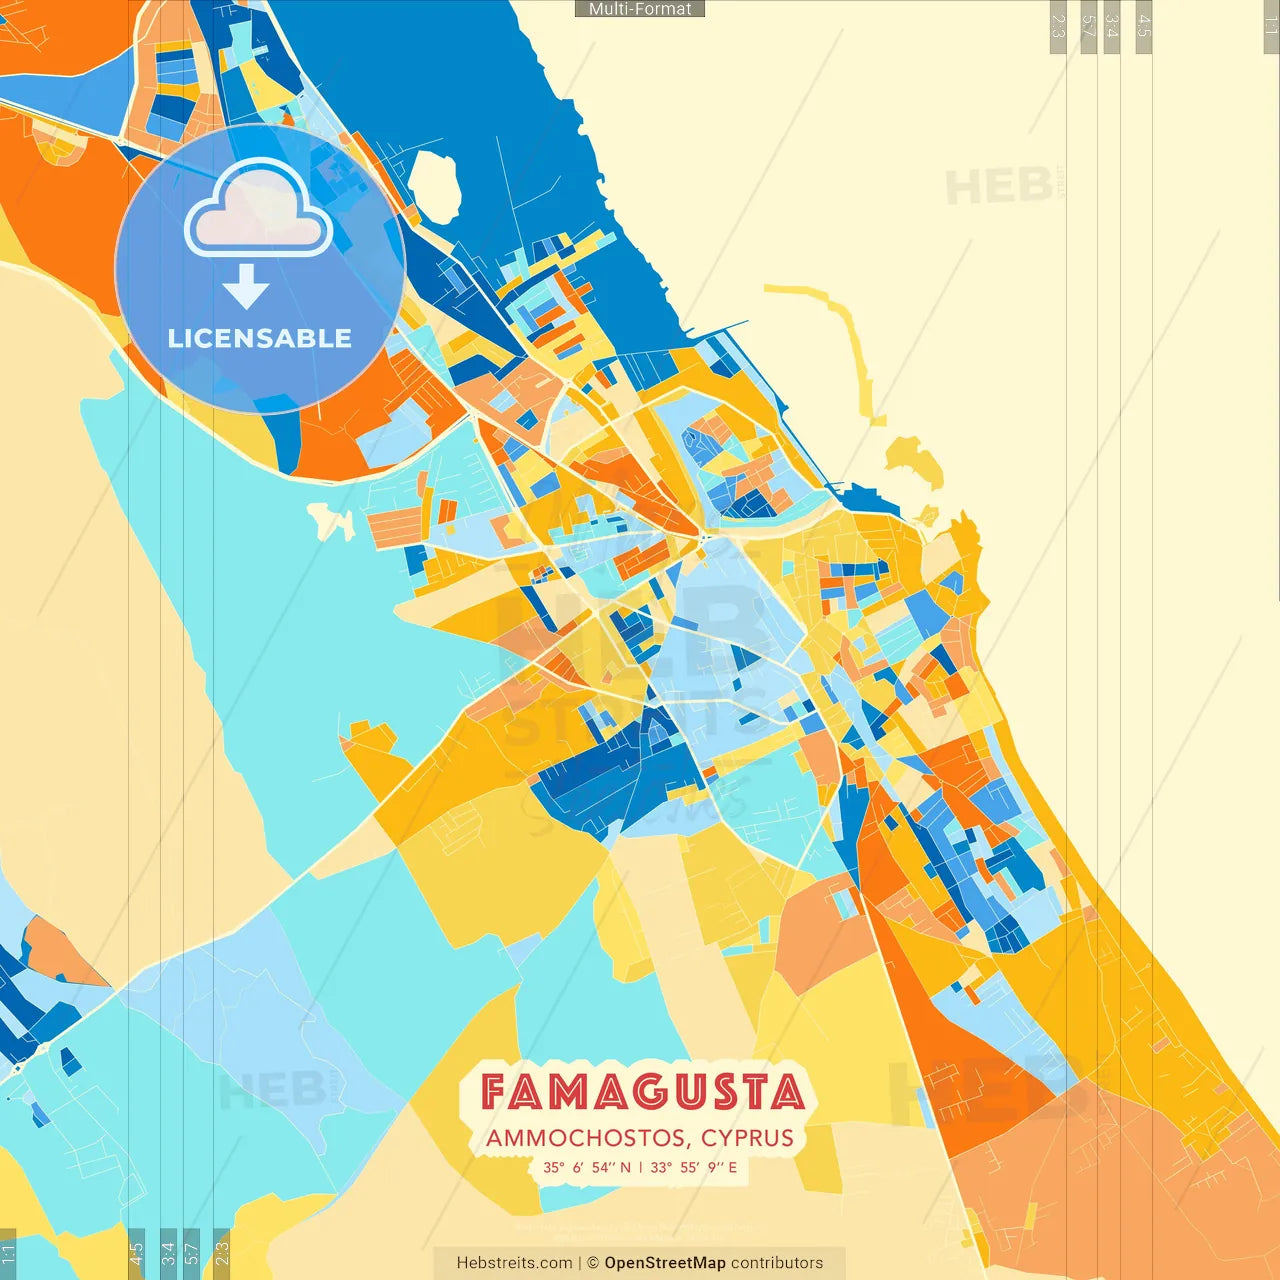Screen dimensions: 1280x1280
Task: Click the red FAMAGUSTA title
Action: point(641,1092)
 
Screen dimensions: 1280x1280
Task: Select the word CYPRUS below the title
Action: point(747,1138)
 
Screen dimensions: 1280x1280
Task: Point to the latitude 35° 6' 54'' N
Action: point(587,1167)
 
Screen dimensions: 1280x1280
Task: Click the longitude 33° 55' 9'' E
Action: point(693,1167)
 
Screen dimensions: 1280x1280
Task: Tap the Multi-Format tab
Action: point(640,9)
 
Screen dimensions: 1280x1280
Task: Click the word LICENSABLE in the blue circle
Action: point(260,338)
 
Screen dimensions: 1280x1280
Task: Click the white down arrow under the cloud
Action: point(246,287)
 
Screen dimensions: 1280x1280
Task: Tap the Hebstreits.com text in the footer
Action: point(514,1263)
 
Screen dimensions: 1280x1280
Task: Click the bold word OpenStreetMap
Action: point(664,1263)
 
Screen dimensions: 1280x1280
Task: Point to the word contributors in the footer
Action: point(777,1263)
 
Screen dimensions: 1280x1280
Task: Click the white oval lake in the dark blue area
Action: point(433,187)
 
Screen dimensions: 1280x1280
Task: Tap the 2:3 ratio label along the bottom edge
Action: point(222,1252)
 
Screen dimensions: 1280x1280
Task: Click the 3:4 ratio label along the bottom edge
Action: point(168,1252)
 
